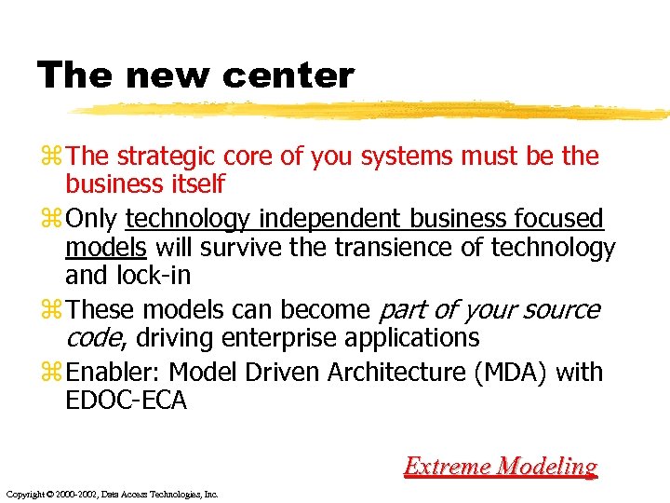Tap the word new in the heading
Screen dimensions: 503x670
(x=164, y=75)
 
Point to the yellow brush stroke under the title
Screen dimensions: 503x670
(x=372, y=111)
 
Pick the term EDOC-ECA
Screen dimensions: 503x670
(x=126, y=401)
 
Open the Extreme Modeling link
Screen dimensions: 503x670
(x=500, y=466)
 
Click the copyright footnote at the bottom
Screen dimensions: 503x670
(x=112, y=494)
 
